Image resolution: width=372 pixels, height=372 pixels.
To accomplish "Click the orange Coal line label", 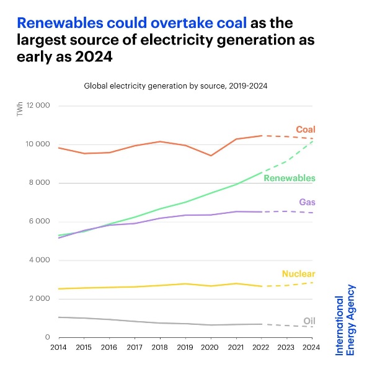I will [x=305, y=130].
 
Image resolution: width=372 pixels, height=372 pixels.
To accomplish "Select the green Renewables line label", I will [x=290, y=178].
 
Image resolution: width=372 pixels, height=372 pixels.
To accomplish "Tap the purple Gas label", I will [x=308, y=202].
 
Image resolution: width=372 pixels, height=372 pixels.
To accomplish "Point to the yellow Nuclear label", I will [x=298, y=273].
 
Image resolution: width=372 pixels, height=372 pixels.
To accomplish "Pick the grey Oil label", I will [x=309, y=321].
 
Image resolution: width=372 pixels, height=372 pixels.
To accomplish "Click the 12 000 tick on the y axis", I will [x=38, y=106].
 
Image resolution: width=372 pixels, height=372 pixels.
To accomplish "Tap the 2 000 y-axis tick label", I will [x=40, y=299].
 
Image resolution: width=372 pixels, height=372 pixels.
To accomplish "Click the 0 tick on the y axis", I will [x=47, y=337].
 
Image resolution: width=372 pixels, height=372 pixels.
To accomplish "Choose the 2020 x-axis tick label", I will [x=211, y=349].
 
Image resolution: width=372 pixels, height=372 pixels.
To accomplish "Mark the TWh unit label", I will [x=20, y=110].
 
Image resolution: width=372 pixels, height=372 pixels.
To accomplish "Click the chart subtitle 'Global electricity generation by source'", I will [x=175, y=86].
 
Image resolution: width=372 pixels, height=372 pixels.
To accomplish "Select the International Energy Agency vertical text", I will [x=345, y=319].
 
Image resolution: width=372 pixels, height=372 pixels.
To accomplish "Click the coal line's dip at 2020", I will [x=211, y=156].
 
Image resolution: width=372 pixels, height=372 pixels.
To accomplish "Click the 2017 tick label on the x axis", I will [x=135, y=349].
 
